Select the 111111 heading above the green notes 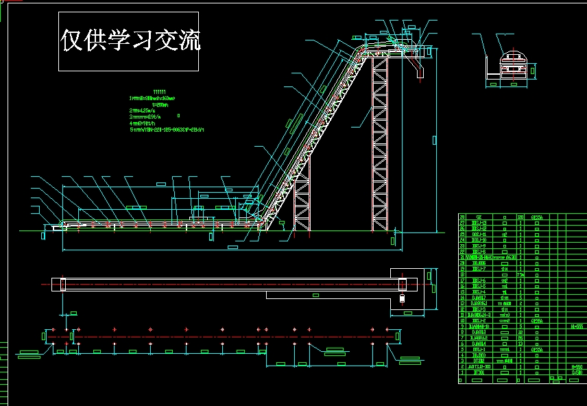[x=159, y=92]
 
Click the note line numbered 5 [x=169, y=129]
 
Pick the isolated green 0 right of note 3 [x=179, y=117]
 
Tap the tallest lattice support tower [x=380, y=144]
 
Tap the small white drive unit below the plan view [x=401, y=298]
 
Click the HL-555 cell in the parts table [x=577, y=327]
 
